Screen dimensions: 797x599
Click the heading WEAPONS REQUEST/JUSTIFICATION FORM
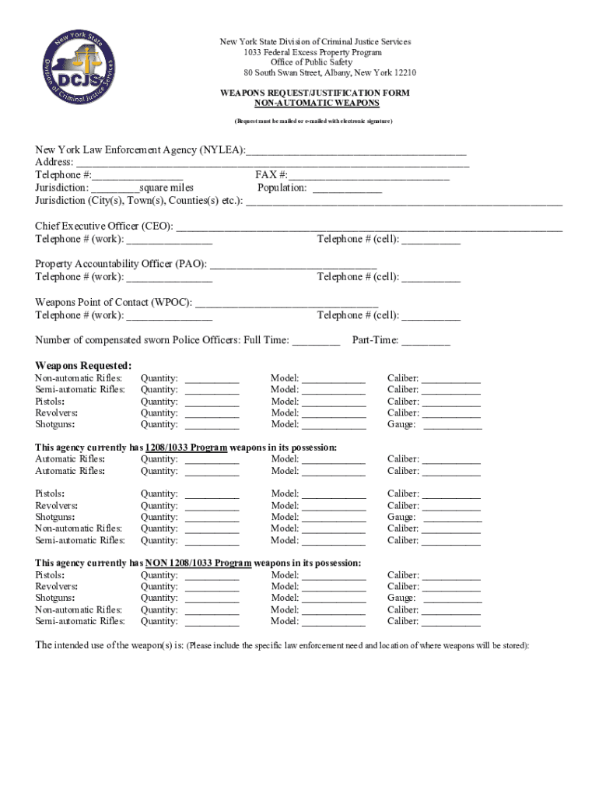coord(314,93)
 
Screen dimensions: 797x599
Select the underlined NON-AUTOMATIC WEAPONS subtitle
coord(314,103)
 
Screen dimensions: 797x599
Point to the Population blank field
coord(347,188)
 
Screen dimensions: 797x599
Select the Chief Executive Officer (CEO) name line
coord(370,227)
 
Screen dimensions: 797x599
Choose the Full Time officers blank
coord(316,341)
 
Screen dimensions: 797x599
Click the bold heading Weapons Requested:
coord(83,366)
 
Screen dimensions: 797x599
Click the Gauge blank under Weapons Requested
coord(452,425)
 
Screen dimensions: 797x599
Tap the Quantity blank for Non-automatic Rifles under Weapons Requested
coord(212,379)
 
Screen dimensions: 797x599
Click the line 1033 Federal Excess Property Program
coord(314,52)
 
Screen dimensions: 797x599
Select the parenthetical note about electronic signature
coord(314,122)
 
